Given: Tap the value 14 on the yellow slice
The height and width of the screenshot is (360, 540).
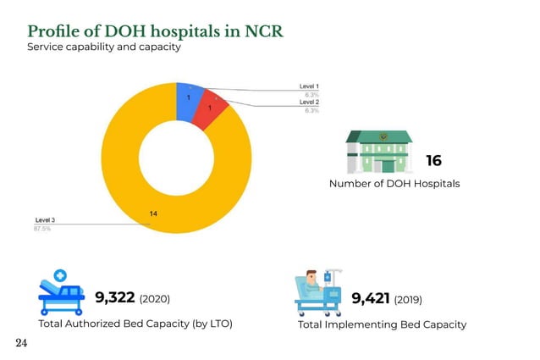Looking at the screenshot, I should (153, 213).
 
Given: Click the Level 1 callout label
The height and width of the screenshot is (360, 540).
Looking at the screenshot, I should (309, 86).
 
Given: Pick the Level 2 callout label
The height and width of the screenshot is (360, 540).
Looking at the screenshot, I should (309, 102).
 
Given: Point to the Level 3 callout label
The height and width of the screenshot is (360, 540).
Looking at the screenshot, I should (44, 220).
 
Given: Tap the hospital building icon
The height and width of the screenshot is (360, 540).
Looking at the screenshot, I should (378, 152).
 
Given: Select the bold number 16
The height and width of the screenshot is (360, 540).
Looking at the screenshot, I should (433, 161).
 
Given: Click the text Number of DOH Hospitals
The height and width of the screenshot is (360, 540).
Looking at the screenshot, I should (394, 184).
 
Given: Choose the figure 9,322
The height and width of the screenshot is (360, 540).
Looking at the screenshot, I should (114, 297).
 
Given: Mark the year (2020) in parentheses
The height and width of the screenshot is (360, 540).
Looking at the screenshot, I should (155, 299).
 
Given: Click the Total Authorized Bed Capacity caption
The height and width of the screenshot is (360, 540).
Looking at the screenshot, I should (135, 324).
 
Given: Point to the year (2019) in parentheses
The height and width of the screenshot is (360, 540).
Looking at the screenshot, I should (408, 299).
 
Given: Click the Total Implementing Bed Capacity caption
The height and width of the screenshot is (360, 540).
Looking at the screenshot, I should (382, 324).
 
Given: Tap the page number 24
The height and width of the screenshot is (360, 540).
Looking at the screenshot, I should (22, 344).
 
